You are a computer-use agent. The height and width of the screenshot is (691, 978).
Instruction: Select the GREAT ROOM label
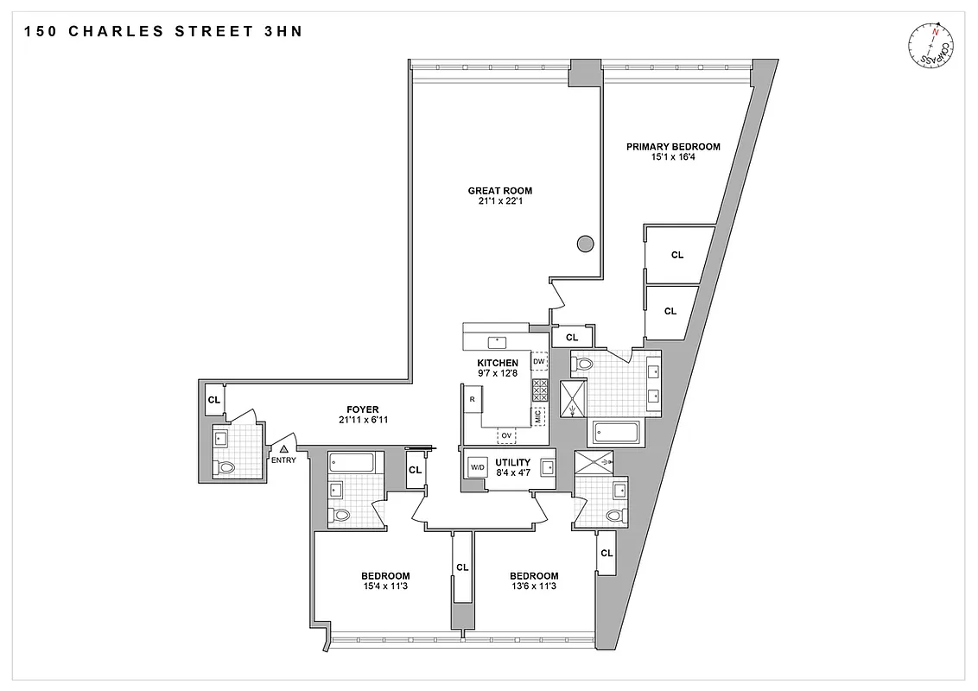pos(499,191)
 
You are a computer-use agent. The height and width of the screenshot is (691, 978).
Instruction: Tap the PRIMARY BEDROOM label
pos(673,147)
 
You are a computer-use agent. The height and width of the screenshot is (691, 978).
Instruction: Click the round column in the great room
pos(585,244)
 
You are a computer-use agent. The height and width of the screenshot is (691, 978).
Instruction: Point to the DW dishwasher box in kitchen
pos(539,361)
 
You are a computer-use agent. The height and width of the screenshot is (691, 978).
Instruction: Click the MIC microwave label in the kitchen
pos(539,416)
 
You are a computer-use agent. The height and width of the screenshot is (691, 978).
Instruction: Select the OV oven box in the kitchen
pos(506,434)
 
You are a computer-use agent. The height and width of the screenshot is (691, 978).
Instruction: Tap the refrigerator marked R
pos(473,400)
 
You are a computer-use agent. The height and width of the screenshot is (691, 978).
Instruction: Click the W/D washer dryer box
pos(477,468)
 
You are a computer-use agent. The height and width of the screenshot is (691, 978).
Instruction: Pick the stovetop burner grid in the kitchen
pos(540,390)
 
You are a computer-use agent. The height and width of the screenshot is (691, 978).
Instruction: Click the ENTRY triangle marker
pos(283,449)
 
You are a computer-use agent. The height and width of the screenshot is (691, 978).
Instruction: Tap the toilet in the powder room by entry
pos(226,467)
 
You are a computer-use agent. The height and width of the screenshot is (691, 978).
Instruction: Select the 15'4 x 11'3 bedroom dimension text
pos(384,586)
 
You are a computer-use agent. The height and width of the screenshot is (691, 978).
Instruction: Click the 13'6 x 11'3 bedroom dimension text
pos(533,586)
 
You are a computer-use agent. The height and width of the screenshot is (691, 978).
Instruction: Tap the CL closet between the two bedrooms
pos(462,567)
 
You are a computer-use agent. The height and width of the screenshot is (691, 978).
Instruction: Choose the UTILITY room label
pos(512,462)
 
